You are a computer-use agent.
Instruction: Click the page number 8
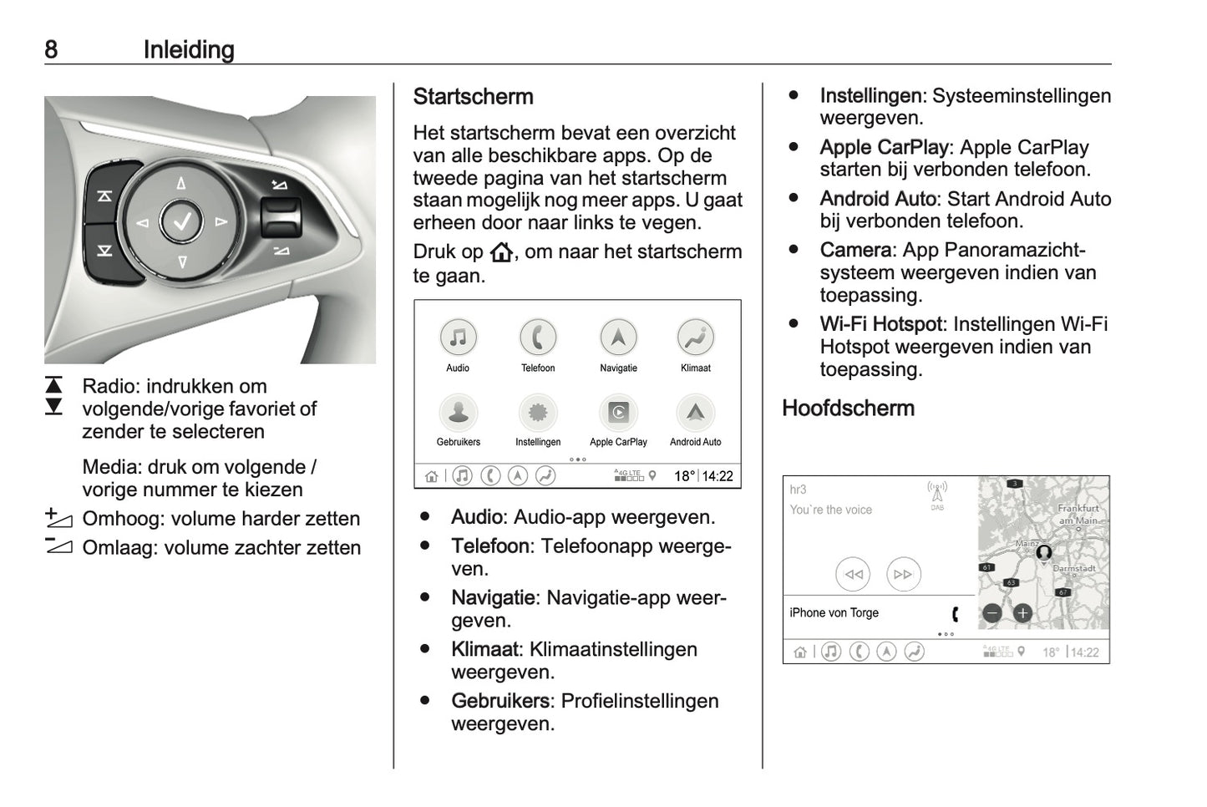point(51,49)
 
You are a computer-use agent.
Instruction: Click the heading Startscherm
point(473,97)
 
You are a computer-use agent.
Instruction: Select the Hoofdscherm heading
point(848,409)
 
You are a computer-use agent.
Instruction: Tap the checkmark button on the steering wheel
point(181,222)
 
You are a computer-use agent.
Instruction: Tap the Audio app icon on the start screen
point(458,338)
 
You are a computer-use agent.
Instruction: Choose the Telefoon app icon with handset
point(538,338)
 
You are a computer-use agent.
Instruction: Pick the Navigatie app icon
point(618,338)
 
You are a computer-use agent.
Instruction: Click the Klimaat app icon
point(695,338)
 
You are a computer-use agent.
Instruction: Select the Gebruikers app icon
point(458,412)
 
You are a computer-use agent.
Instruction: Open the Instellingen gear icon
point(538,412)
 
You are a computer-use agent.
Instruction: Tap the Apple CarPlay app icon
point(618,412)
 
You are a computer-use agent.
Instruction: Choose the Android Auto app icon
point(695,412)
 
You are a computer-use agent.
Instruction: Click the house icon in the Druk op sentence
point(501,252)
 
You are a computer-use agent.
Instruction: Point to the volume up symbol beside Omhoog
point(59,519)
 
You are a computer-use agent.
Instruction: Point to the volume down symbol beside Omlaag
point(59,547)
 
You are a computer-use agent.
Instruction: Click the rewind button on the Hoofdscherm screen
point(853,575)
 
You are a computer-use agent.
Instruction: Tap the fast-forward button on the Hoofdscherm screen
point(903,575)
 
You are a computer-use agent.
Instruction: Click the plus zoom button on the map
point(1022,614)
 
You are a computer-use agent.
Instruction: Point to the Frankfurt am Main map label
point(1078,514)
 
